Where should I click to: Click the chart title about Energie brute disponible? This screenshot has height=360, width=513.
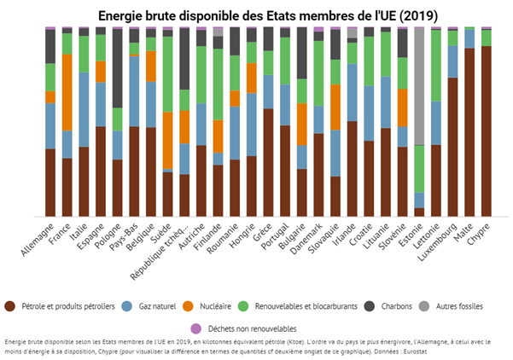pyautogui.click(x=256, y=15)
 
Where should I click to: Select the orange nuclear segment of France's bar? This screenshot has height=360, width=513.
pyautogui.click(x=66, y=92)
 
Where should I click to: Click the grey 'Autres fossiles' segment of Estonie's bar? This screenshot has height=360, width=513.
pyautogui.click(x=419, y=85)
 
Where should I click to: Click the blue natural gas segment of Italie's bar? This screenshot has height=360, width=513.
pyautogui.click(x=83, y=109)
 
